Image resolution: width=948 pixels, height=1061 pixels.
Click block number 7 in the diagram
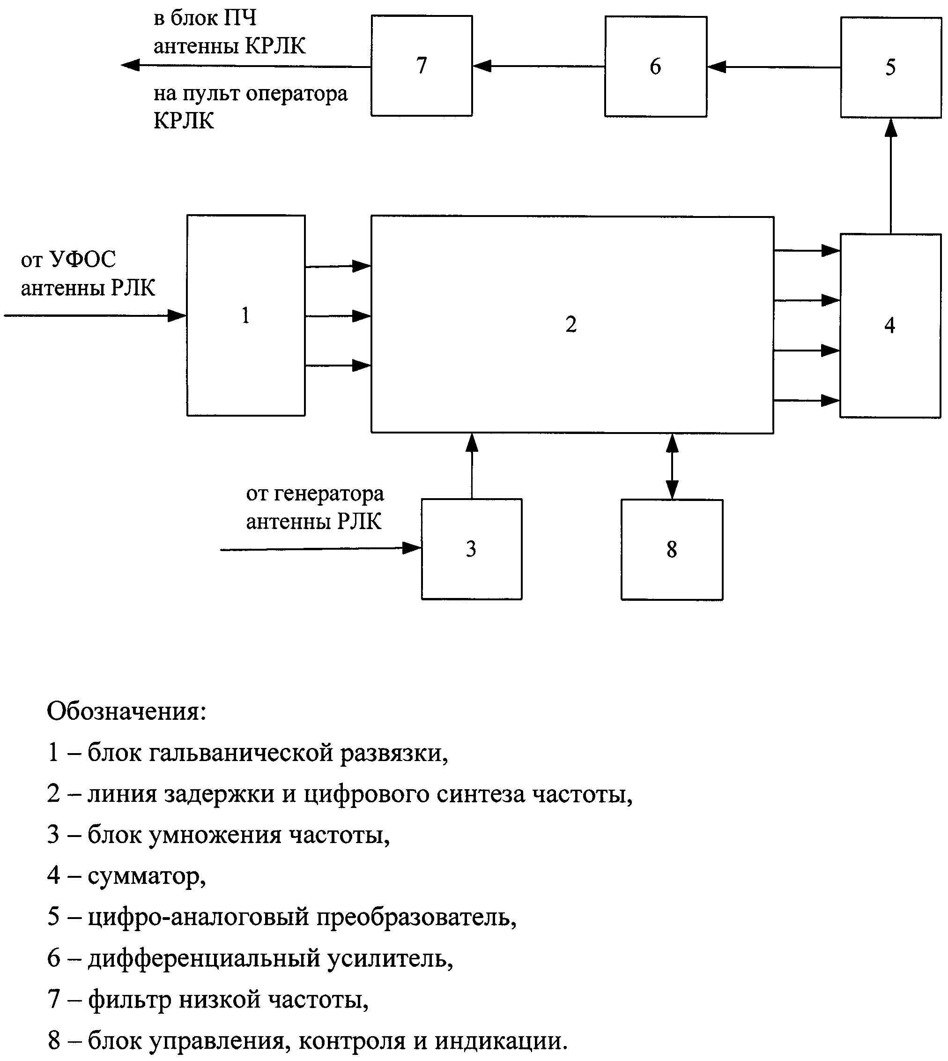tap(422, 66)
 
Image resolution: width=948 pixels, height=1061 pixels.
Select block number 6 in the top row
tap(655, 67)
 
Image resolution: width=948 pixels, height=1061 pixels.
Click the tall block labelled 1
tap(246, 315)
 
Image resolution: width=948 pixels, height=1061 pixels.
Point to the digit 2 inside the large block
tap(571, 325)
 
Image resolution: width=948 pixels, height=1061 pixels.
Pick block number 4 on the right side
tap(889, 326)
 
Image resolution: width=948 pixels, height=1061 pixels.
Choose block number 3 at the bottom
tap(471, 549)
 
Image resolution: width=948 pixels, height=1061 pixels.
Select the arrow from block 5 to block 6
tap(773, 67)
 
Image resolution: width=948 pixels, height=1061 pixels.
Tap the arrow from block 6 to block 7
tap(539, 66)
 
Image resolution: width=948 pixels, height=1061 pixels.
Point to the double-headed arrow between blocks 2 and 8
tap(672, 466)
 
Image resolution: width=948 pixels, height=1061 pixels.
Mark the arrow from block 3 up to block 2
tap(472, 466)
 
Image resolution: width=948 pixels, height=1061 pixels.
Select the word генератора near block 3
tap(329, 493)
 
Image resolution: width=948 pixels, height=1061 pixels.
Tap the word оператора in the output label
tap(296, 94)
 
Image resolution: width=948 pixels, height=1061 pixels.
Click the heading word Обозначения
tap(126, 712)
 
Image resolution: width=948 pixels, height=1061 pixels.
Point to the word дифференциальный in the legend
tap(204, 958)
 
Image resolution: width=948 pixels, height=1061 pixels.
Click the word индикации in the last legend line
tap(501, 1041)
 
